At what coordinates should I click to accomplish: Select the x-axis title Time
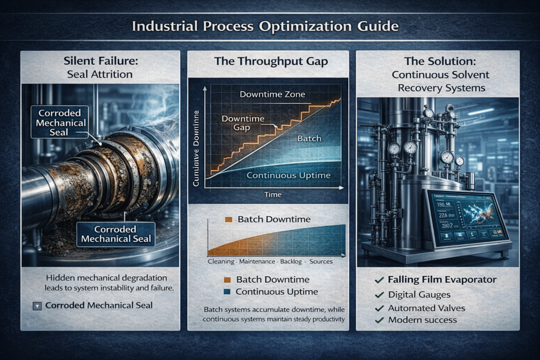click(272, 195)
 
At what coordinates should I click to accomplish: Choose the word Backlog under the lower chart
click(293, 261)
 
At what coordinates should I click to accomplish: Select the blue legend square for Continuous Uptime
click(227, 292)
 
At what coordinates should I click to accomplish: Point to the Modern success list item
click(422, 320)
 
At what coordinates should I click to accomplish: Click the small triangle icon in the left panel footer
click(36, 306)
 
